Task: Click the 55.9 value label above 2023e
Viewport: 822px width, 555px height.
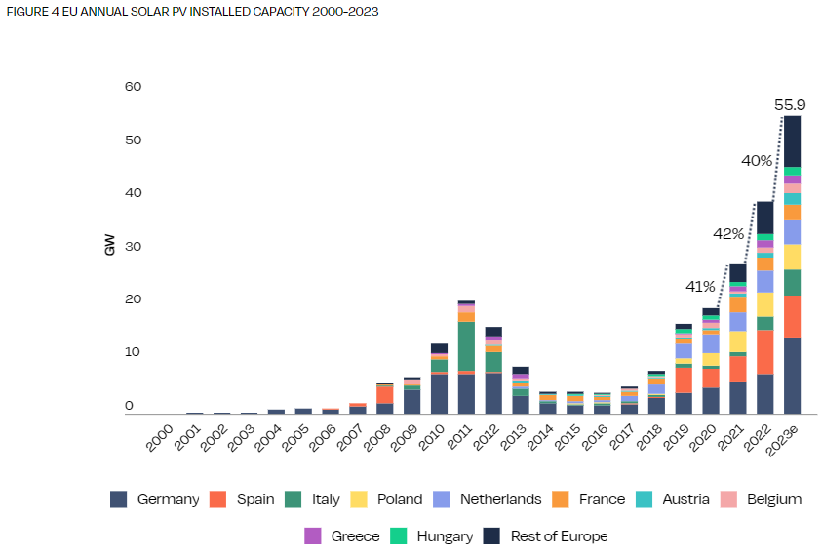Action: [790, 105]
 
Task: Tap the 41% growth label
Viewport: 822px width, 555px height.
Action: [700, 287]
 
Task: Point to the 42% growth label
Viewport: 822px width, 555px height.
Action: [727, 234]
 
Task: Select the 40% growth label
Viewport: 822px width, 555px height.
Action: [757, 160]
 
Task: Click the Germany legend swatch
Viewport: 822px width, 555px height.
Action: [119, 499]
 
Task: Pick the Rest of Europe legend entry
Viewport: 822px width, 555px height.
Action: [545, 536]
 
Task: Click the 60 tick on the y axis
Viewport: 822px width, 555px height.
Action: [134, 87]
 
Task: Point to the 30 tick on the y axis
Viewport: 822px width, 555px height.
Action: [134, 246]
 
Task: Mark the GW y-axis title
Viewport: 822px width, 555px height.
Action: [109, 246]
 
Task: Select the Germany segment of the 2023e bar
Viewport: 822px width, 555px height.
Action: [792, 377]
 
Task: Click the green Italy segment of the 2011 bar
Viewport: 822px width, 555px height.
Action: [466, 345]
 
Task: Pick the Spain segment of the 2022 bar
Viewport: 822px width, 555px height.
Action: [764, 352]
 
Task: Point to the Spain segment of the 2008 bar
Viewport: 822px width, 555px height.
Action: [385, 394]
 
